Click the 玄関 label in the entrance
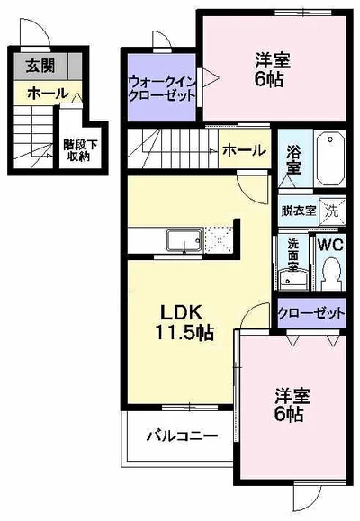[39, 66]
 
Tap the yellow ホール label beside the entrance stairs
[44, 93]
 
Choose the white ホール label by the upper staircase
[243, 150]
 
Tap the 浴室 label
[294, 159]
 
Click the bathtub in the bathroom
[331, 160]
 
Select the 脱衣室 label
[298, 211]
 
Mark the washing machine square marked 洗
[332, 211]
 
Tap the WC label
[330, 244]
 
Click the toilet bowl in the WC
[330, 271]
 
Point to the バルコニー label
[183, 436]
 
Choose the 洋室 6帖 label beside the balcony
[289, 404]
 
